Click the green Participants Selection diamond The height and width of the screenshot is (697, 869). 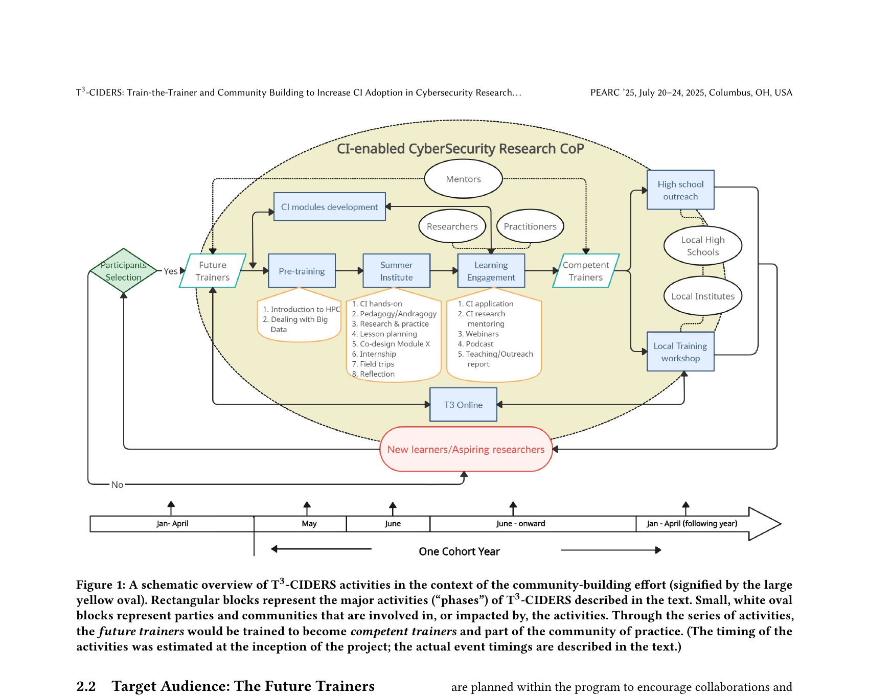coord(123,271)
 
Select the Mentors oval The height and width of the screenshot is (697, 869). coord(463,179)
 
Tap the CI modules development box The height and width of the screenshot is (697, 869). coord(329,207)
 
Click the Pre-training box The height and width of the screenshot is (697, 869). coord(302,271)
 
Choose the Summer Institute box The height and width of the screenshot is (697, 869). coord(396,271)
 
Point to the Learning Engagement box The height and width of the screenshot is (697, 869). coord(491,271)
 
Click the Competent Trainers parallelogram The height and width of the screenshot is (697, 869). coord(586,271)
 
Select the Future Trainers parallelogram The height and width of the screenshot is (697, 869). coord(213,271)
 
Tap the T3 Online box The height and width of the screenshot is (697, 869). coord(463,405)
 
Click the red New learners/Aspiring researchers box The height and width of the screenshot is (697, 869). coord(466,449)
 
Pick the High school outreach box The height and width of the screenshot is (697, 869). coord(680,190)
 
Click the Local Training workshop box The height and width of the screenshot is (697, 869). coord(680,352)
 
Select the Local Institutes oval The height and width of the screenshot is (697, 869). coord(703,296)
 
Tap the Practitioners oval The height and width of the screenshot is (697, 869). coord(530,226)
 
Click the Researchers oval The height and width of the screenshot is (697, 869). coord(452,226)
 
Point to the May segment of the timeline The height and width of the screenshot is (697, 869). coord(309,524)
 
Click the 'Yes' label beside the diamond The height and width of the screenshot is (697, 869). coord(170,271)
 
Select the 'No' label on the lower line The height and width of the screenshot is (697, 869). coord(117,484)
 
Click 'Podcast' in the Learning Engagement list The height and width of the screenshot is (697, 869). coord(479,344)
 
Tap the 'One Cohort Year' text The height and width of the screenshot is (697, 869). coord(459,551)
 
